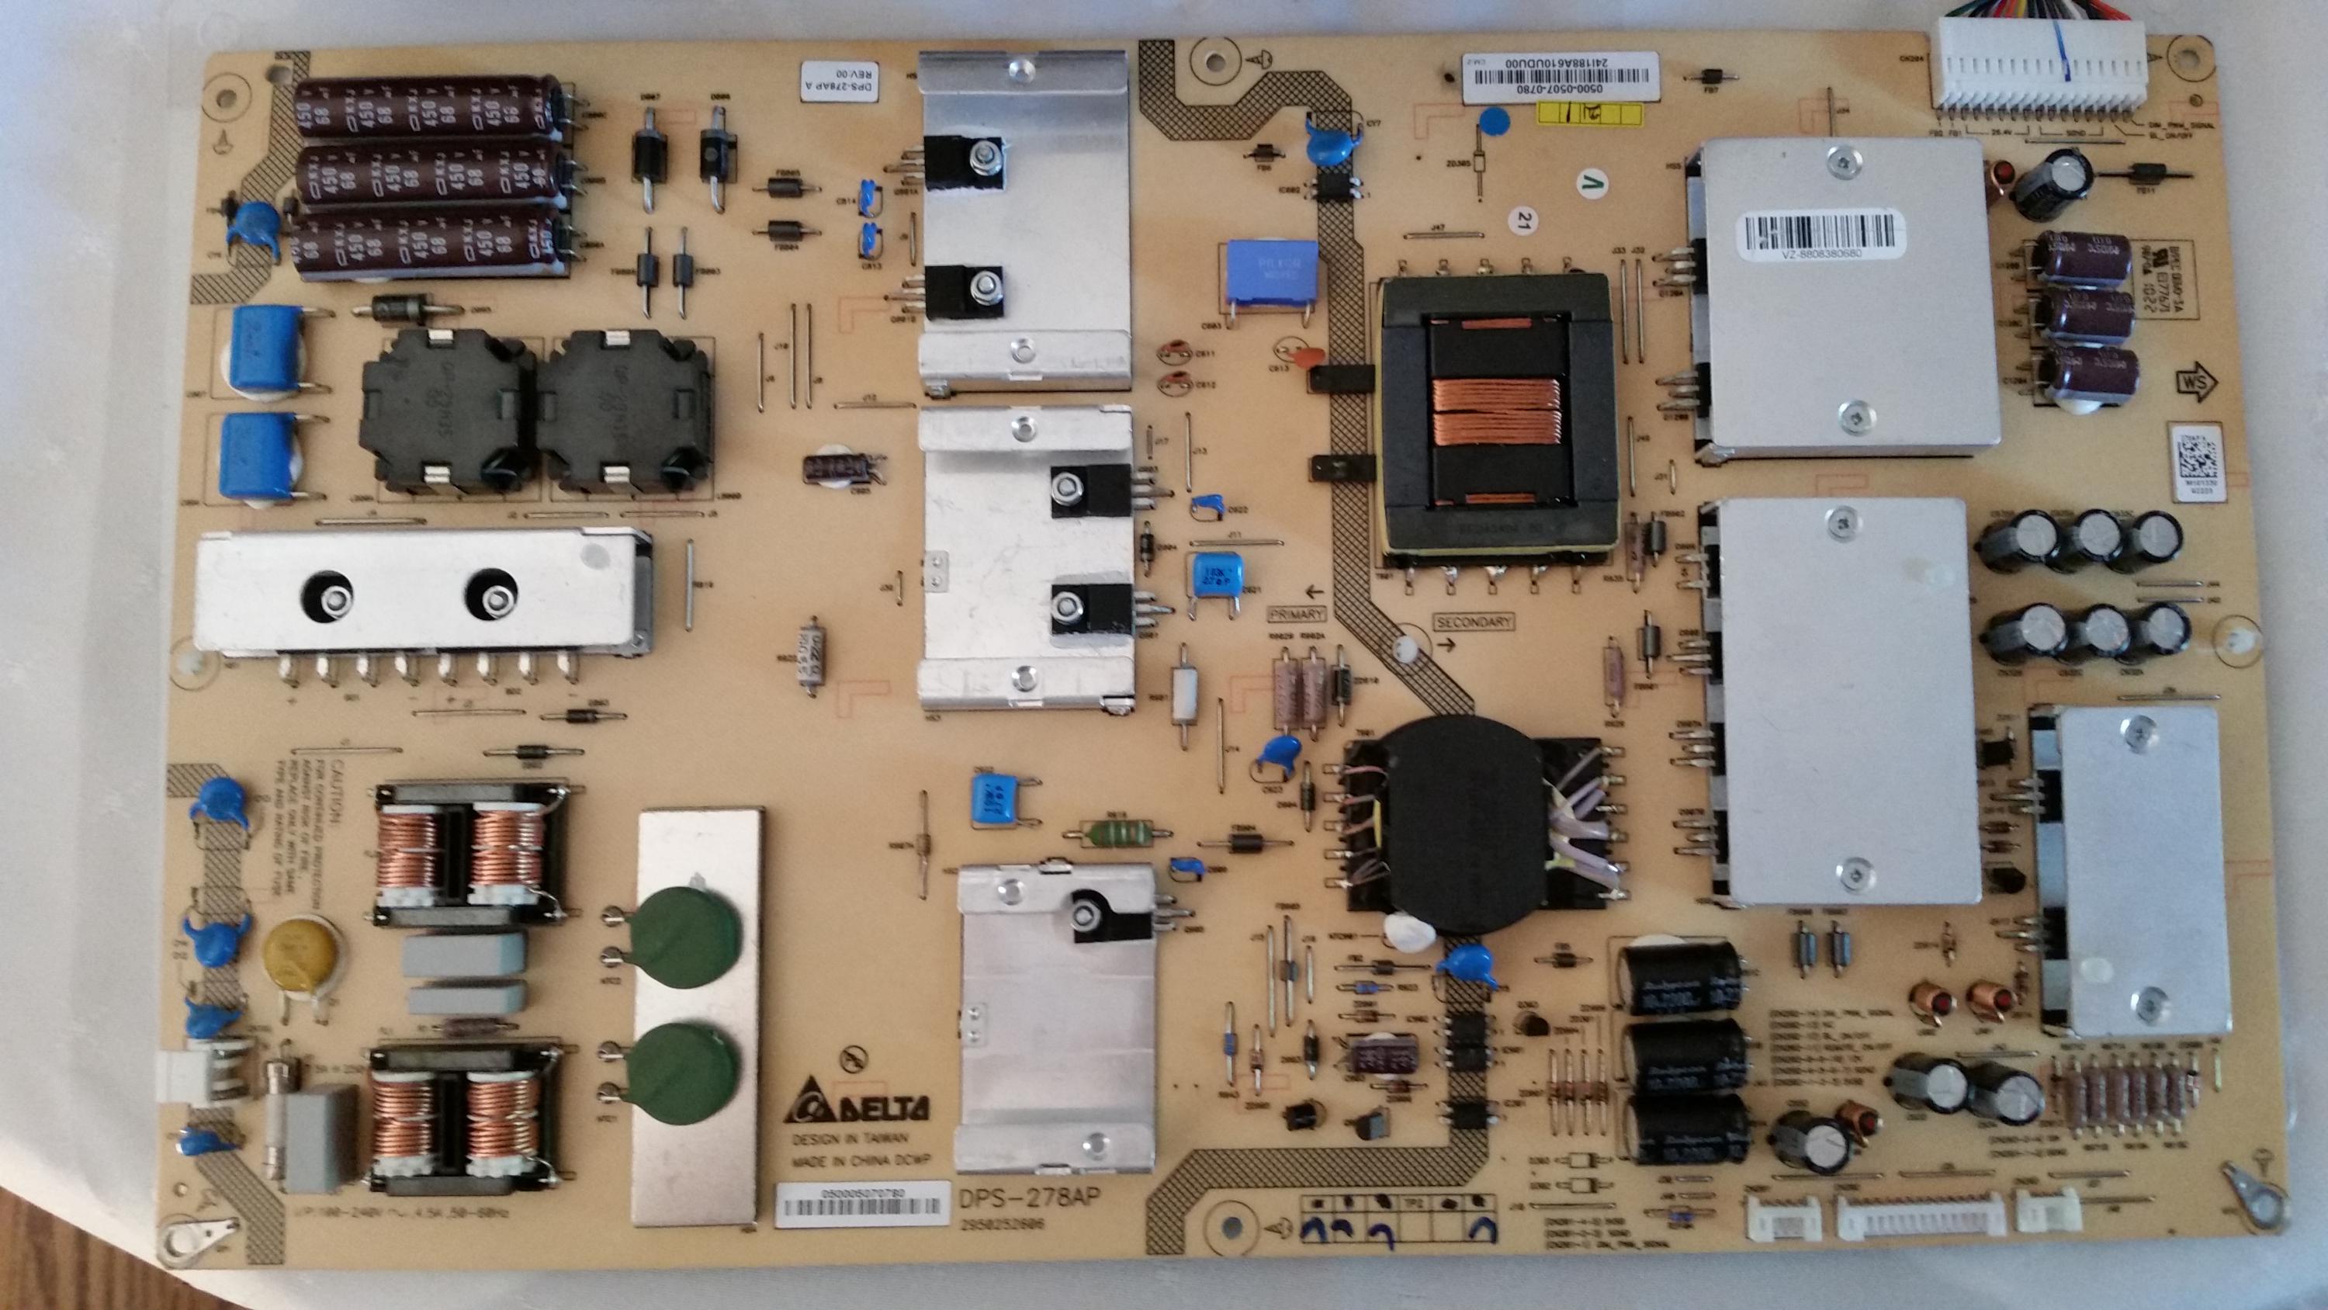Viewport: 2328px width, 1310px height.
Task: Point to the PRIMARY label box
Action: tap(1297, 614)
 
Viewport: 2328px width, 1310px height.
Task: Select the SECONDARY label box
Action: tap(1473, 624)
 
